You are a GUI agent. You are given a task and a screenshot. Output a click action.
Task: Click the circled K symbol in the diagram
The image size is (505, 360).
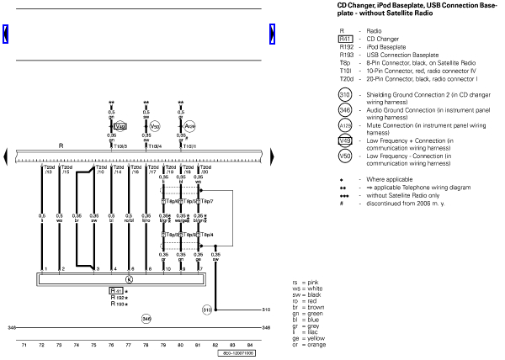click(129, 278)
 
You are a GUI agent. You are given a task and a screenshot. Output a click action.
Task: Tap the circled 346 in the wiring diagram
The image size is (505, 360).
click(146, 319)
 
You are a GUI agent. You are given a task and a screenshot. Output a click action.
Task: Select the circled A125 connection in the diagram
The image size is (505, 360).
click(190, 127)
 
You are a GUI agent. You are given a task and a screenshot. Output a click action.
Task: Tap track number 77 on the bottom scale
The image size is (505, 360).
click(128, 345)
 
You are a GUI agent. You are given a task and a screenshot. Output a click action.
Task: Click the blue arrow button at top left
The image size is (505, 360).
click(7, 34)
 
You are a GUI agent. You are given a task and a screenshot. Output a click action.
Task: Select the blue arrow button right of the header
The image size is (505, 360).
click(273, 34)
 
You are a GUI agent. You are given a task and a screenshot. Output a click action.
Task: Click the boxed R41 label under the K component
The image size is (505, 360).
click(117, 290)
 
